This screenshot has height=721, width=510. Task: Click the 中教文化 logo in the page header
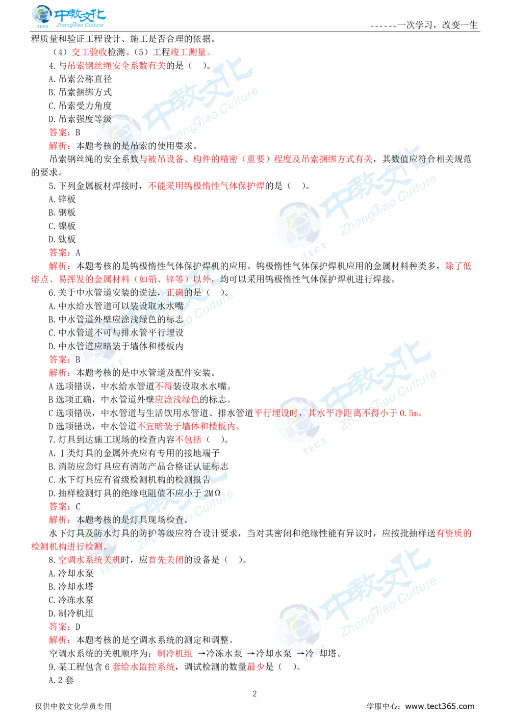coord(69,17)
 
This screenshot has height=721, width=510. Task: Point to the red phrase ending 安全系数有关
coord(117,66)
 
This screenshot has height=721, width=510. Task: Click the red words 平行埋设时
coord(276,413)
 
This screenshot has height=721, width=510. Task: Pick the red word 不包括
coord(189,439)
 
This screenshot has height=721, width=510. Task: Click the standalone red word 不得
coord(163,385)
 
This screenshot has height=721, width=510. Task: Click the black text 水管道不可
coord(92,332)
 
